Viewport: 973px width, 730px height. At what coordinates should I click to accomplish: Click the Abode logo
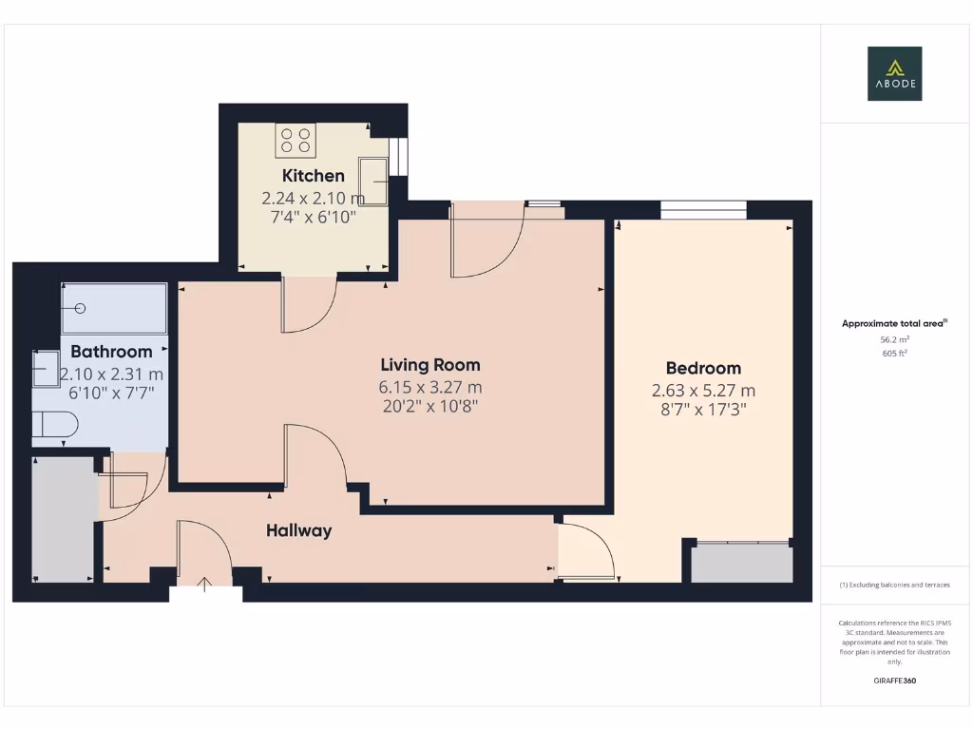[x=894, y=74]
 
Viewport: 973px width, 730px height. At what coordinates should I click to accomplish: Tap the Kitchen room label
[x=313, y=176]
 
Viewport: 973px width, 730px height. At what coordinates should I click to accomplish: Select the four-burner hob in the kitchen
[x=295, y=141]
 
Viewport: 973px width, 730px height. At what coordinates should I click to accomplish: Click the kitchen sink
[x=372, y=181]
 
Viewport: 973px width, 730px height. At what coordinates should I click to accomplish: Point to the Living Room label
[x=429, y=365]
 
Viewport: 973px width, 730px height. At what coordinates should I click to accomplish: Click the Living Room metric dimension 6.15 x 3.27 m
[x=429, y=388]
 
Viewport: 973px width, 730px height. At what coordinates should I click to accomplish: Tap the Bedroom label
[x=703, y=369]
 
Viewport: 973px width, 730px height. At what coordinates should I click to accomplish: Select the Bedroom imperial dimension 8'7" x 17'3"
[x=703, y=411]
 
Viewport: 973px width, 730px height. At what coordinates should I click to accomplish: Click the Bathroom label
[x=111, y=352]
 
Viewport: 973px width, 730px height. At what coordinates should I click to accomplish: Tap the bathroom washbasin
[x=46, y=369]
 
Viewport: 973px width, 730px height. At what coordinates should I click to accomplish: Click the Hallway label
[x=298, y=531]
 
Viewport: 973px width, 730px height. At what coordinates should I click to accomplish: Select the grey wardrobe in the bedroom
[x=741, y=563]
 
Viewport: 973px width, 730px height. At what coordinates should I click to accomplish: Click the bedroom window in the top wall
[x=703, y=209]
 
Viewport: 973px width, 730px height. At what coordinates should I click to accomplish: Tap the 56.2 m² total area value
[x=893, y=339]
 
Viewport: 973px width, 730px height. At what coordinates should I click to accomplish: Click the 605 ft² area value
[x=893, y=354]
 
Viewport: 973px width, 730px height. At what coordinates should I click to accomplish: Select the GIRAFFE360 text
[x=893, y=681]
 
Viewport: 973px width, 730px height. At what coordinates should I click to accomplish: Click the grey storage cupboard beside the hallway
[x=64, y=519]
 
